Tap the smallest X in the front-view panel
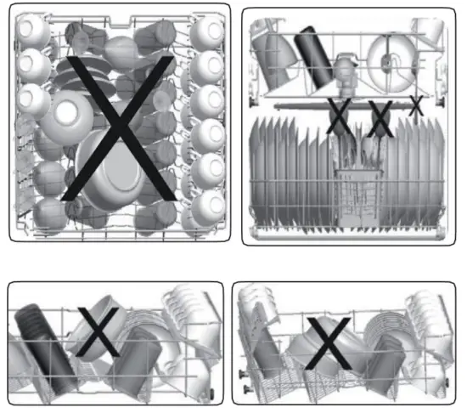(415, 106)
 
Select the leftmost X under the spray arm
(340, 117)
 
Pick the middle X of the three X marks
(380, 118)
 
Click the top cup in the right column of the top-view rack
(205, 33)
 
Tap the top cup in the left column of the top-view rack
(33, 31)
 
